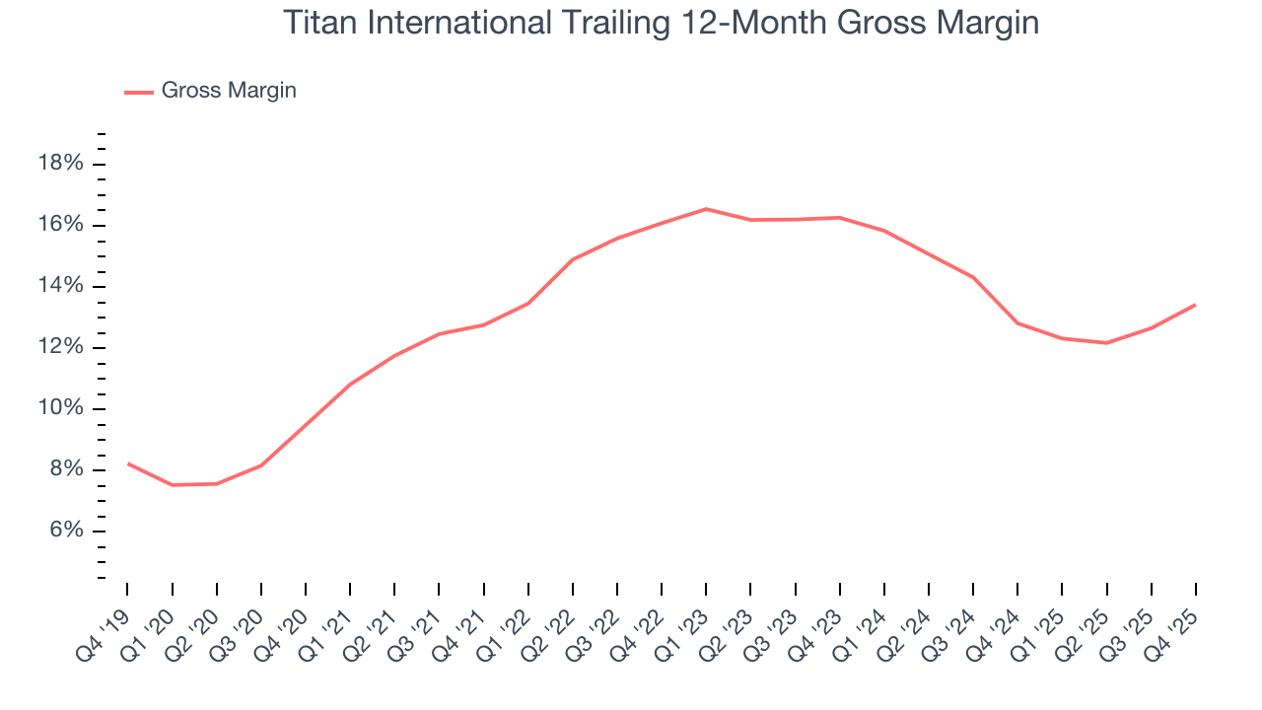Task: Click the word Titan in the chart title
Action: point(315,23)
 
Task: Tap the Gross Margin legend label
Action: point(229,91)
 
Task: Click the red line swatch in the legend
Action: point(139,92)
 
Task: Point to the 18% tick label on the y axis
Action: point(60,164)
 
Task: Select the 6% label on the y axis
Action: point(65,531)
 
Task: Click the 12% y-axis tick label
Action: point(60,347)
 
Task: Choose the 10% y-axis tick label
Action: point(60,408)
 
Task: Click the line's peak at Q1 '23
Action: point(706,209)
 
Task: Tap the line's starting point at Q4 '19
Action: point(128,463)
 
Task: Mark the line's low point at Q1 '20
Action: point(173,485)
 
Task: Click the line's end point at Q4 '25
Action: point(1195,305)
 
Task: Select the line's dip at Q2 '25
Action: point(1106,343)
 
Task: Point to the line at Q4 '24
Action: point(1017,322)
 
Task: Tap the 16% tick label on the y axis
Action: point(60,225)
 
